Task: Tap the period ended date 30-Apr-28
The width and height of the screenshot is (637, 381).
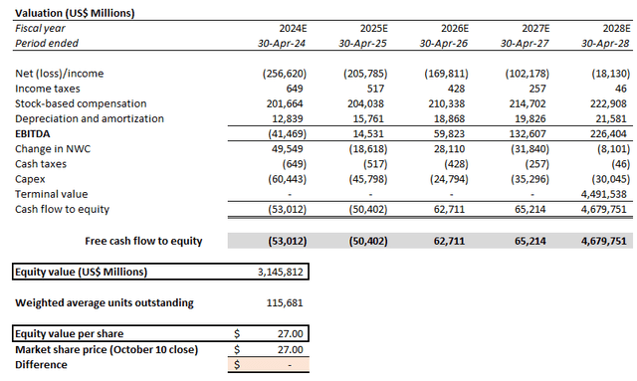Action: tap(608, 44)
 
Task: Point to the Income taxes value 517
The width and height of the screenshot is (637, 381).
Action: tap(361, 89)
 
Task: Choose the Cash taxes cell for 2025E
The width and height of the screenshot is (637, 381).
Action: tap(359, 163)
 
